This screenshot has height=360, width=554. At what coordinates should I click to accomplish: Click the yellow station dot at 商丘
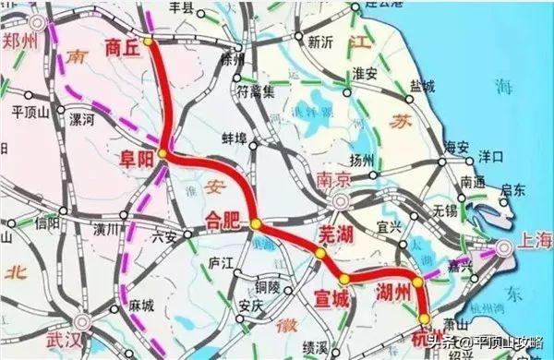(x=149, y=42)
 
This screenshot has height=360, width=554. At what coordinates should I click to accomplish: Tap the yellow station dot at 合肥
(x=256, y=222)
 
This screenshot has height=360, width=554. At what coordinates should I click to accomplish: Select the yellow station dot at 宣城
(x=344, y=279)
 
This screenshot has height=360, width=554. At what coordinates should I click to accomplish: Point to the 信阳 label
(x=44, y=222)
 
